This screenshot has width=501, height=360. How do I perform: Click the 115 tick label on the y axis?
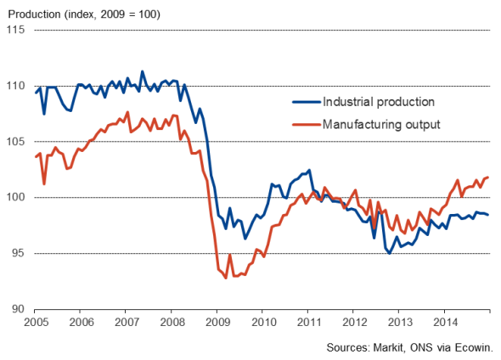15,30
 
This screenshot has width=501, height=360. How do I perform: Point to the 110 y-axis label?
15,86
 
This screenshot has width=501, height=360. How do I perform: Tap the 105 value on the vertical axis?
15,141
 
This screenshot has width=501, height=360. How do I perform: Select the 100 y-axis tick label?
15,197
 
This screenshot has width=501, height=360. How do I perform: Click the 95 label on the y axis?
18,253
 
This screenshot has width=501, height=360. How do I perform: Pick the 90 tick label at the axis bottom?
18,309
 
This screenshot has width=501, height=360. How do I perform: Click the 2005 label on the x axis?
37,323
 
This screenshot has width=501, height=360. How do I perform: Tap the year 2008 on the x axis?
172,323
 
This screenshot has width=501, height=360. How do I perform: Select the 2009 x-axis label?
218,323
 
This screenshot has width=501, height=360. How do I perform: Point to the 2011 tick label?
309,323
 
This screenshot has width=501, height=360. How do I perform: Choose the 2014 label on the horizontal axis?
446,323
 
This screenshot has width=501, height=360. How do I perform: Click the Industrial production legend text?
379,102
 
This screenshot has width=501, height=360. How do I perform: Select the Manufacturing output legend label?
381,124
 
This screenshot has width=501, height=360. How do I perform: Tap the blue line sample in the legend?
307,102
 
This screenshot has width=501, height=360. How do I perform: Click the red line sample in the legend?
307,125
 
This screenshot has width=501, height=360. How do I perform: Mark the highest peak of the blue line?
142,71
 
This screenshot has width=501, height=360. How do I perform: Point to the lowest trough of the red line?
226,278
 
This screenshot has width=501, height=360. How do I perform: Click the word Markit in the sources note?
388,347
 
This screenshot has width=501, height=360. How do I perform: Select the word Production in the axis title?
34,14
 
